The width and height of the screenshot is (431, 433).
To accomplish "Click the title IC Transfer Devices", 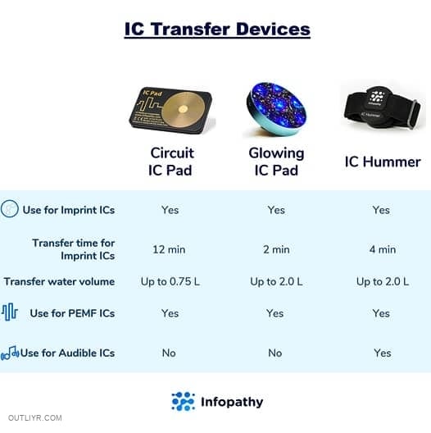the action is pyautogui.click(x=217, y=30).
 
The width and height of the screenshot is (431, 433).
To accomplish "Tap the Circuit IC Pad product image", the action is pyautogui.click(x=171, y=110).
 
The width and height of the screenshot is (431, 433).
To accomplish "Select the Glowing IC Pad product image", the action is pyautogui.click(x=276, y=109).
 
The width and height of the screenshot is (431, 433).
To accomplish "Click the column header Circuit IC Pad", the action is pyautogui.click(x=171, y=162).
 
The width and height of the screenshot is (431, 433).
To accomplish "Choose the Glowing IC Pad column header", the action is pyautogui.click(x=276, y=162).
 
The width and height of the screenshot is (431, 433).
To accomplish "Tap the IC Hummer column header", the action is pyautogui.click(x=383, y=162).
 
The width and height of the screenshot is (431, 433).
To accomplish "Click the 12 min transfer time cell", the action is pyautogui.click(x=169, y=249).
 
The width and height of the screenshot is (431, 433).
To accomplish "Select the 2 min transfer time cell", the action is pyautogui.click(x=276, y=249).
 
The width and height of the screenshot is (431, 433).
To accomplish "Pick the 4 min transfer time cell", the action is pyautogui.click(x=383, y=249).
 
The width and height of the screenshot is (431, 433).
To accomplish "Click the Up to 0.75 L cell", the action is pyautogui.click(x=170, y=281).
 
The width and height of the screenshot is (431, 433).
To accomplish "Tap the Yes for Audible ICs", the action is pyautogui.click(x=383, y=353).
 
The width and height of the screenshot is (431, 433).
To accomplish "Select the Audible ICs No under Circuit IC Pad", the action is pyautogui.click(x=169, y=353).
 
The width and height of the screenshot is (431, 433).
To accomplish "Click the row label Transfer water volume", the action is pyautogui.click(x=59, y=281).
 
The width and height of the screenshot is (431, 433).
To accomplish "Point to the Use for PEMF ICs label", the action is pyautogui.click(x=72, y=313).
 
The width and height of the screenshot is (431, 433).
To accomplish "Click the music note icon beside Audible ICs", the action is pyautogui.click(x=10, y=353).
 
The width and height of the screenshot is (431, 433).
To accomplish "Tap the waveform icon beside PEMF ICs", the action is pyautogui.click(x=10, y=312).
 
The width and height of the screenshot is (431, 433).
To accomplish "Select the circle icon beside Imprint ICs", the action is pyautogui.click(x=9, y=209).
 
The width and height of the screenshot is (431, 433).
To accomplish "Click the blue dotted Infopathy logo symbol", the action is pyautogui.click(x=184, y=401).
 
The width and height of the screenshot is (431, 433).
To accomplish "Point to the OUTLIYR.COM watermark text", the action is pyautogui.click(x=35, y=417).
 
